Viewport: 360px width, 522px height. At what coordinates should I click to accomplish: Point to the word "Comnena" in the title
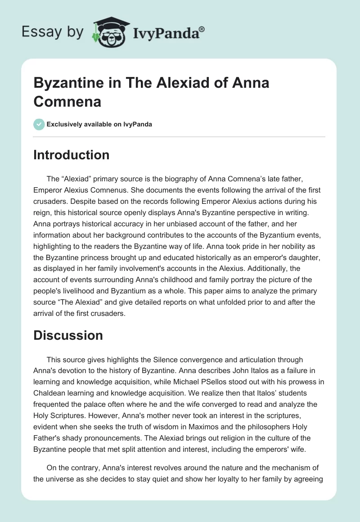coord(67,102)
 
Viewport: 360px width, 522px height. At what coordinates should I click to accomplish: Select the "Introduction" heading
coord(72,155)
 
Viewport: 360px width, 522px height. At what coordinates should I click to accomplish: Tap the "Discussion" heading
coord(68,335)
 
